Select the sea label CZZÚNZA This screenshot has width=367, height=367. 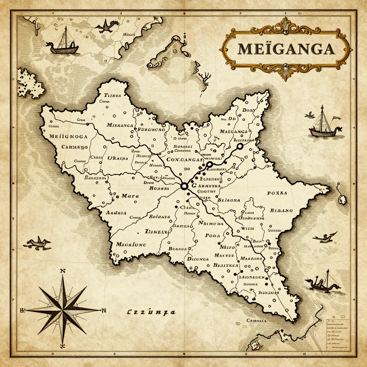click(151, 312)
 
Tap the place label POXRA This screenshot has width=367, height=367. click(277, 193)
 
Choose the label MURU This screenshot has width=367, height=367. click(130, 196)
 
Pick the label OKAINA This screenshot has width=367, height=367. click(118, 158)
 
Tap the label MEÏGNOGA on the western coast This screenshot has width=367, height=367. click(68, 136)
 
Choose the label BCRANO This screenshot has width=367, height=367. click(281, 210)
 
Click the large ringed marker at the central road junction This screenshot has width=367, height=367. click(184, 186)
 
